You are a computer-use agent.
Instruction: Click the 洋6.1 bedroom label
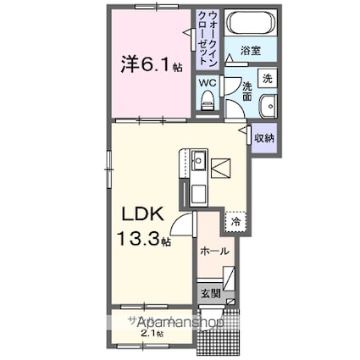click(148, 63)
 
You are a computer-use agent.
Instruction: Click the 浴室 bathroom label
click(249, 50)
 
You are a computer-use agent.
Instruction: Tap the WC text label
click(208, 84)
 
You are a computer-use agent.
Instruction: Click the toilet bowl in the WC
click(208, 102)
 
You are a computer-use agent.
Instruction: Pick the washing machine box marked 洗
click(266, 78)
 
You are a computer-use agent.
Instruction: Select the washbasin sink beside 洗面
click(267, 108)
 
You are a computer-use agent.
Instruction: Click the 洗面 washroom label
click(246, 91)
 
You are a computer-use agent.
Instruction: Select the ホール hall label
click(213, 252)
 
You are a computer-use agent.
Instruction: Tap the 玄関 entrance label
click(211, 294)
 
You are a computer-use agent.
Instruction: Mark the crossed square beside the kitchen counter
click(221, 168)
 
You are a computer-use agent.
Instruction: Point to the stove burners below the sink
click(198, 192)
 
